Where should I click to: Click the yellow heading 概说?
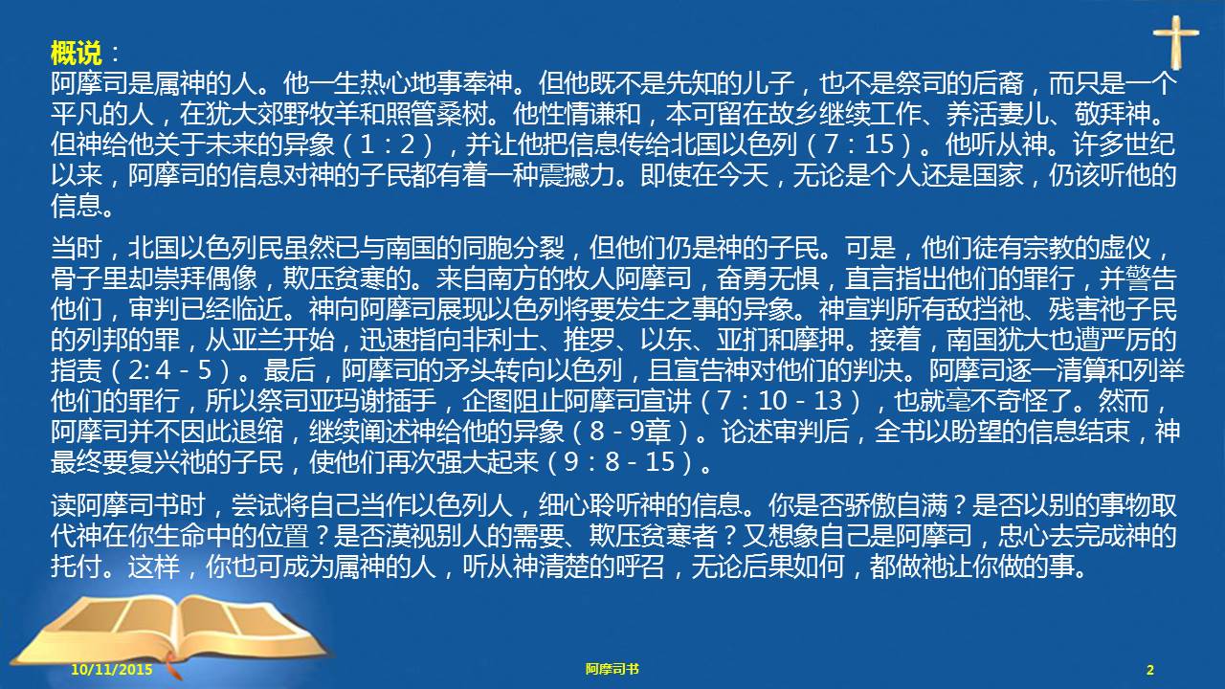pyautogui.click(x=76, y=54)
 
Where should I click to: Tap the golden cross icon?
pyautogui.click(x=1175, y=42)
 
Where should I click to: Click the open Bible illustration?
pyautogui.click(x=170, y=634)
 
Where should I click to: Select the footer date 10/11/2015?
pyautogui.click(x=112, y=669)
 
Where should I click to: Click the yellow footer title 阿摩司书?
pyautogui.click(x=612, y=669)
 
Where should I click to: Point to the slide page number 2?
pyautogui.click(x=1150, y=669)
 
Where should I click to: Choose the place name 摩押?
pyautogui.click(x=820, y=340)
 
